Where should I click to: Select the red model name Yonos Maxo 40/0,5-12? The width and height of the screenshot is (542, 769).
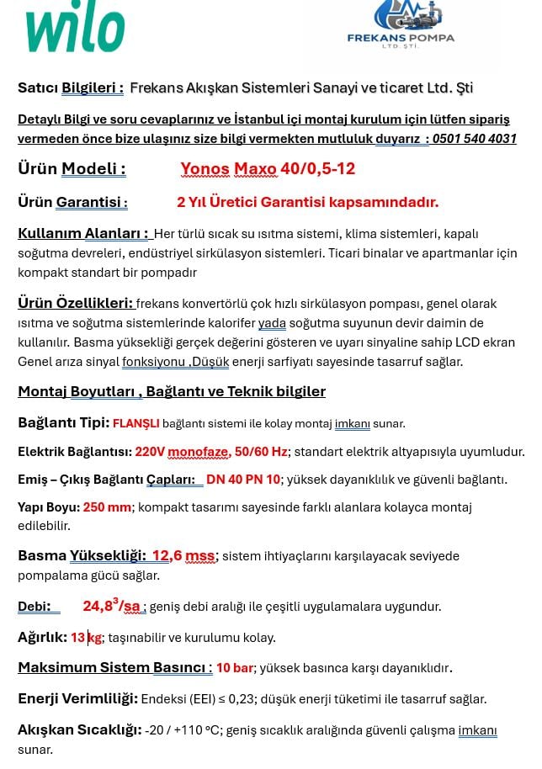click(268, 169)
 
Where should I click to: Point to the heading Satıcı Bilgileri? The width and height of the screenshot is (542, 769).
click(71, 88)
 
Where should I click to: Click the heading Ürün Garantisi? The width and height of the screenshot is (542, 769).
click(72, 203)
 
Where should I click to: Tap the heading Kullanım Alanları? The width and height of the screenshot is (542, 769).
click(83, 234)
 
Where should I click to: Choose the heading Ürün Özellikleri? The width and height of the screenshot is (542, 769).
click(77, 304)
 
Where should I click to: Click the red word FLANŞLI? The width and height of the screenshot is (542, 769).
click(135, 424)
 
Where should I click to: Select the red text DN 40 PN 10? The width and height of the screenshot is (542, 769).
click(243, 480)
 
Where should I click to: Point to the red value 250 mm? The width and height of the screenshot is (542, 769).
click(108, 507)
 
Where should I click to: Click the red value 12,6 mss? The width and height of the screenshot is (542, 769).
click(183, 556)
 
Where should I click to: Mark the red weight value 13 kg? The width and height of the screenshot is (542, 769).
click(86, 638)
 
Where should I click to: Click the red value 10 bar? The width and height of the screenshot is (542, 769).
click(235, 668)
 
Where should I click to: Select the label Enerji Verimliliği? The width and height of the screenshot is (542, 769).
click(77, 699)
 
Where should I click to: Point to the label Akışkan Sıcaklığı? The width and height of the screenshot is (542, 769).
click(79, 730)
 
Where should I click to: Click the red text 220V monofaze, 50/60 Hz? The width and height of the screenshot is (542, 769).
click(211, 452)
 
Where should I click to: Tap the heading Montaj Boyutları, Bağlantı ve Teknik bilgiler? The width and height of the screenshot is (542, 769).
click(172, 392)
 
